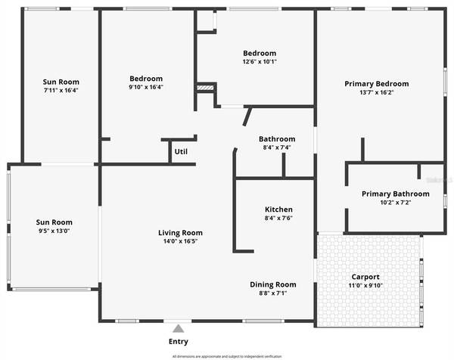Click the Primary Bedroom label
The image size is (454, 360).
376,84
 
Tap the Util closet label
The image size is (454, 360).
181,151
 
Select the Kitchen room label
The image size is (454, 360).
278,209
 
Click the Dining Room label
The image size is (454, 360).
273,284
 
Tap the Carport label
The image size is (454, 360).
366,277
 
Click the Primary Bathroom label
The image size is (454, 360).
395,194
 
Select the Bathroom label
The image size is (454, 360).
276,139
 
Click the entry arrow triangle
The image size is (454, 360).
179,328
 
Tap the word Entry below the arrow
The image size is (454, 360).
179,342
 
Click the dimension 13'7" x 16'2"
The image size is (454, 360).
376,94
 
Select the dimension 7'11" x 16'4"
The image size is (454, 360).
61,90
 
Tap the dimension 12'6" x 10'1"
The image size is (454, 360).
260,62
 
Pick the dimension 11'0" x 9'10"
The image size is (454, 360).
366,286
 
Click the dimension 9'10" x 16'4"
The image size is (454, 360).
146,87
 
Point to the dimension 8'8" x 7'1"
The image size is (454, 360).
273,293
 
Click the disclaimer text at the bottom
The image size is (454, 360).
227,355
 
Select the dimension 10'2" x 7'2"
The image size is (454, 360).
395,203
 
